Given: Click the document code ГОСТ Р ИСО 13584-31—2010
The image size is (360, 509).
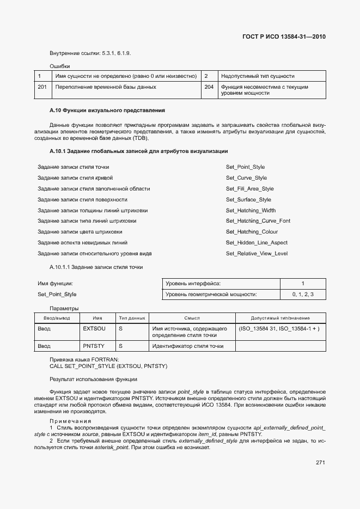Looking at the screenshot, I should point(283,37).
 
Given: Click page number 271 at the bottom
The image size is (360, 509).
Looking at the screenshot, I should point(320,463).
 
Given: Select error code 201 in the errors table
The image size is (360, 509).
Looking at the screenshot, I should point(42,87).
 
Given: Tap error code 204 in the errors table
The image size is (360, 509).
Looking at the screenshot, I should point(209,87).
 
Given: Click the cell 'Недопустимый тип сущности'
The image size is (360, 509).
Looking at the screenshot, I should point(258,76).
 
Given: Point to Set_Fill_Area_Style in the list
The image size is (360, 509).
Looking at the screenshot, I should point(249,189).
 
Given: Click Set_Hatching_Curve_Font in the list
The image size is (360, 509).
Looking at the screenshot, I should point(258,221).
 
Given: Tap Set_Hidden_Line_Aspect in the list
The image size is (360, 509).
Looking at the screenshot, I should point(257,243).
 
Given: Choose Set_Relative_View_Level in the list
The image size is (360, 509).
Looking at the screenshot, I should point(257,254).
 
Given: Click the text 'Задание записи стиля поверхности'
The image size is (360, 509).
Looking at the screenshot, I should point(82,200).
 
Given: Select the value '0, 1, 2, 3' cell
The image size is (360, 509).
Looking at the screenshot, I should point(302,295).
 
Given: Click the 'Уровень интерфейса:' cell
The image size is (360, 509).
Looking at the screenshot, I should point(193,284).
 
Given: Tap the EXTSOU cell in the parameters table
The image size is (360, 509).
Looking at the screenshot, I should point(94,329).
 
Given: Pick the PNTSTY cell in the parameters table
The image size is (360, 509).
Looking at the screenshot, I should point(94,346).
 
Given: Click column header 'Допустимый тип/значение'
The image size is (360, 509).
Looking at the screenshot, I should point(280,318).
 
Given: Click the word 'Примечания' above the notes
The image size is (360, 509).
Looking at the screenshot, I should point(71,421).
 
